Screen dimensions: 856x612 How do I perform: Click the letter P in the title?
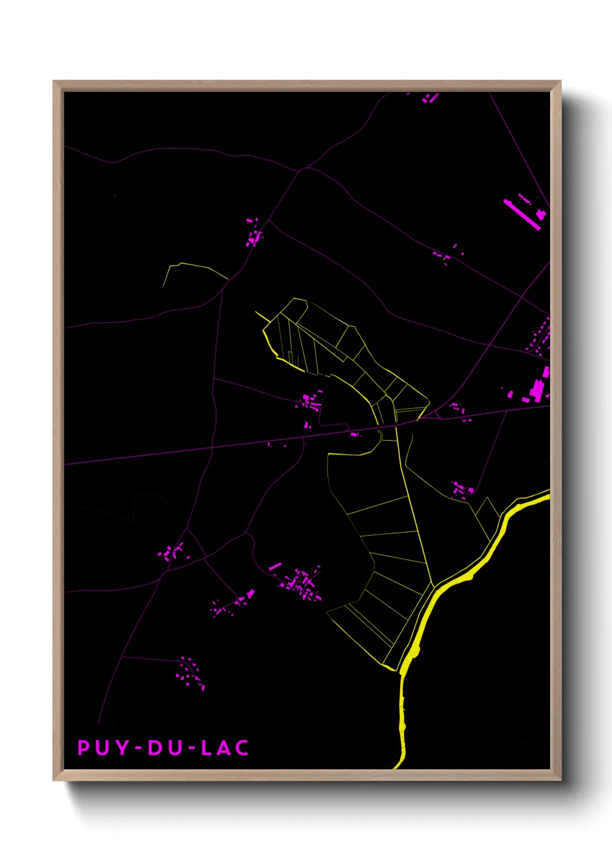(x=84, y=748)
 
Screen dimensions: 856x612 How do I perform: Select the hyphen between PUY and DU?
(x=139, y=748)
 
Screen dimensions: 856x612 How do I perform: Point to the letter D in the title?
(x=155, y=748)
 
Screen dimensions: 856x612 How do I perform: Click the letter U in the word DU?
(x=175, y=748)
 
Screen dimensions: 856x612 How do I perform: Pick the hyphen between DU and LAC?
(x=191, y=748)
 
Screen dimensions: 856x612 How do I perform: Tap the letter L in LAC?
(x=207, y=748)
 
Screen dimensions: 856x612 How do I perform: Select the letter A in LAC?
(x=224, y=748)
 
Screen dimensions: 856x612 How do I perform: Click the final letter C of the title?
(x=243, y=748)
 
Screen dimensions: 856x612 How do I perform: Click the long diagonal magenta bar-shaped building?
(x=521, y=215)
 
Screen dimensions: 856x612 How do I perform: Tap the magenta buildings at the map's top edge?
(x=429, y=98)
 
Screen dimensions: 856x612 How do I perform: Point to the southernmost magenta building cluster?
(x=190, y=674)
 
